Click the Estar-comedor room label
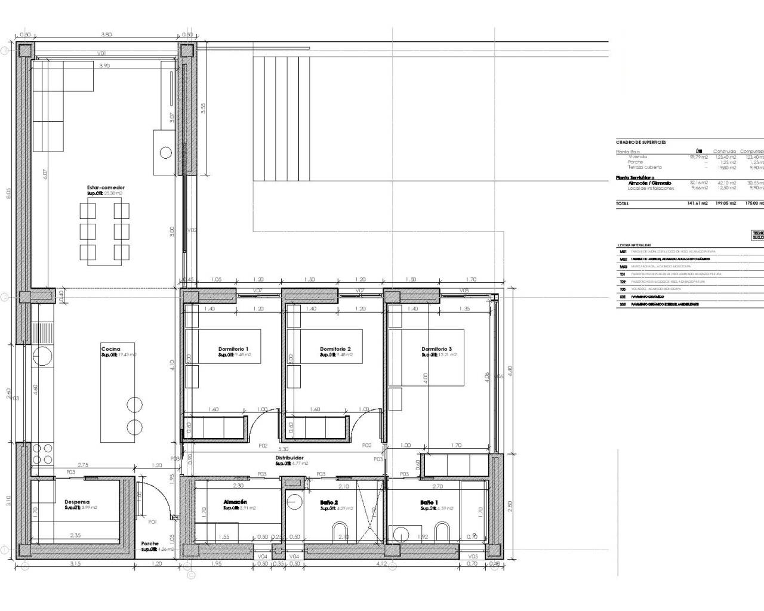tap(106, 187)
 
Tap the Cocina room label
tap(110, 349)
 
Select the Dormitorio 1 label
tap(233, 349)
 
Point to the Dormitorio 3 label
tap(436, 349)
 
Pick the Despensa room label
tap(77, 502)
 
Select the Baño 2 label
tap(329, 502)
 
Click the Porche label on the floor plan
tap(150, 544)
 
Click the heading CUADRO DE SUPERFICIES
tap(640, 143)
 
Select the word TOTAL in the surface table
tap(623, 203)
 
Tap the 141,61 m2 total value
tap(697, 203)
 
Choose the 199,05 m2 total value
tap(725, 203)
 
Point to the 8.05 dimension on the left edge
tap(9, 195)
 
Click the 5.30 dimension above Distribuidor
tap(284, 449)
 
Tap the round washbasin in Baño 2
tap(294, 502)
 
